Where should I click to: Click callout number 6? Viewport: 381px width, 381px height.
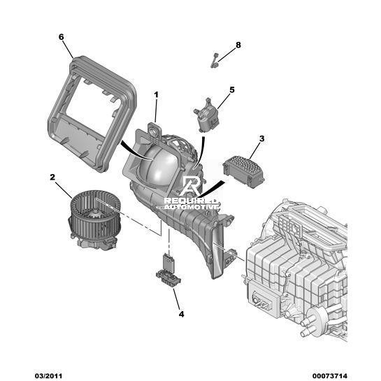61,37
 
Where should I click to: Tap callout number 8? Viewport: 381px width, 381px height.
238,45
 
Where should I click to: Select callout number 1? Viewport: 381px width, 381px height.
156,95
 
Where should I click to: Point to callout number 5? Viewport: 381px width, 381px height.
232,90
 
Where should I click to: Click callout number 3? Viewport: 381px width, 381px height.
261,138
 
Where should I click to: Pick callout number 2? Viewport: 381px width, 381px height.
52,178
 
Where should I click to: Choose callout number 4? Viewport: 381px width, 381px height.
181,314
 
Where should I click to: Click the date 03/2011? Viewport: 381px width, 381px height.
48,376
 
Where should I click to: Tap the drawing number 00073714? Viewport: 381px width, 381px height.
330,376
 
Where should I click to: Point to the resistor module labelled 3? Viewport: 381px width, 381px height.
243,172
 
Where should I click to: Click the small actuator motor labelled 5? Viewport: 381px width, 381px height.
206,115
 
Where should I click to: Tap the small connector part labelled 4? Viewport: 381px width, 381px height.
168,271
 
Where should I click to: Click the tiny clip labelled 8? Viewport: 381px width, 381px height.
215,60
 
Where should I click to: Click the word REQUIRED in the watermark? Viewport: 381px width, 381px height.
190,201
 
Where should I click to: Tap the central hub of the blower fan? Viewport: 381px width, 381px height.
96,215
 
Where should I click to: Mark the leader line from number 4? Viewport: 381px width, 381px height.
177,299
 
